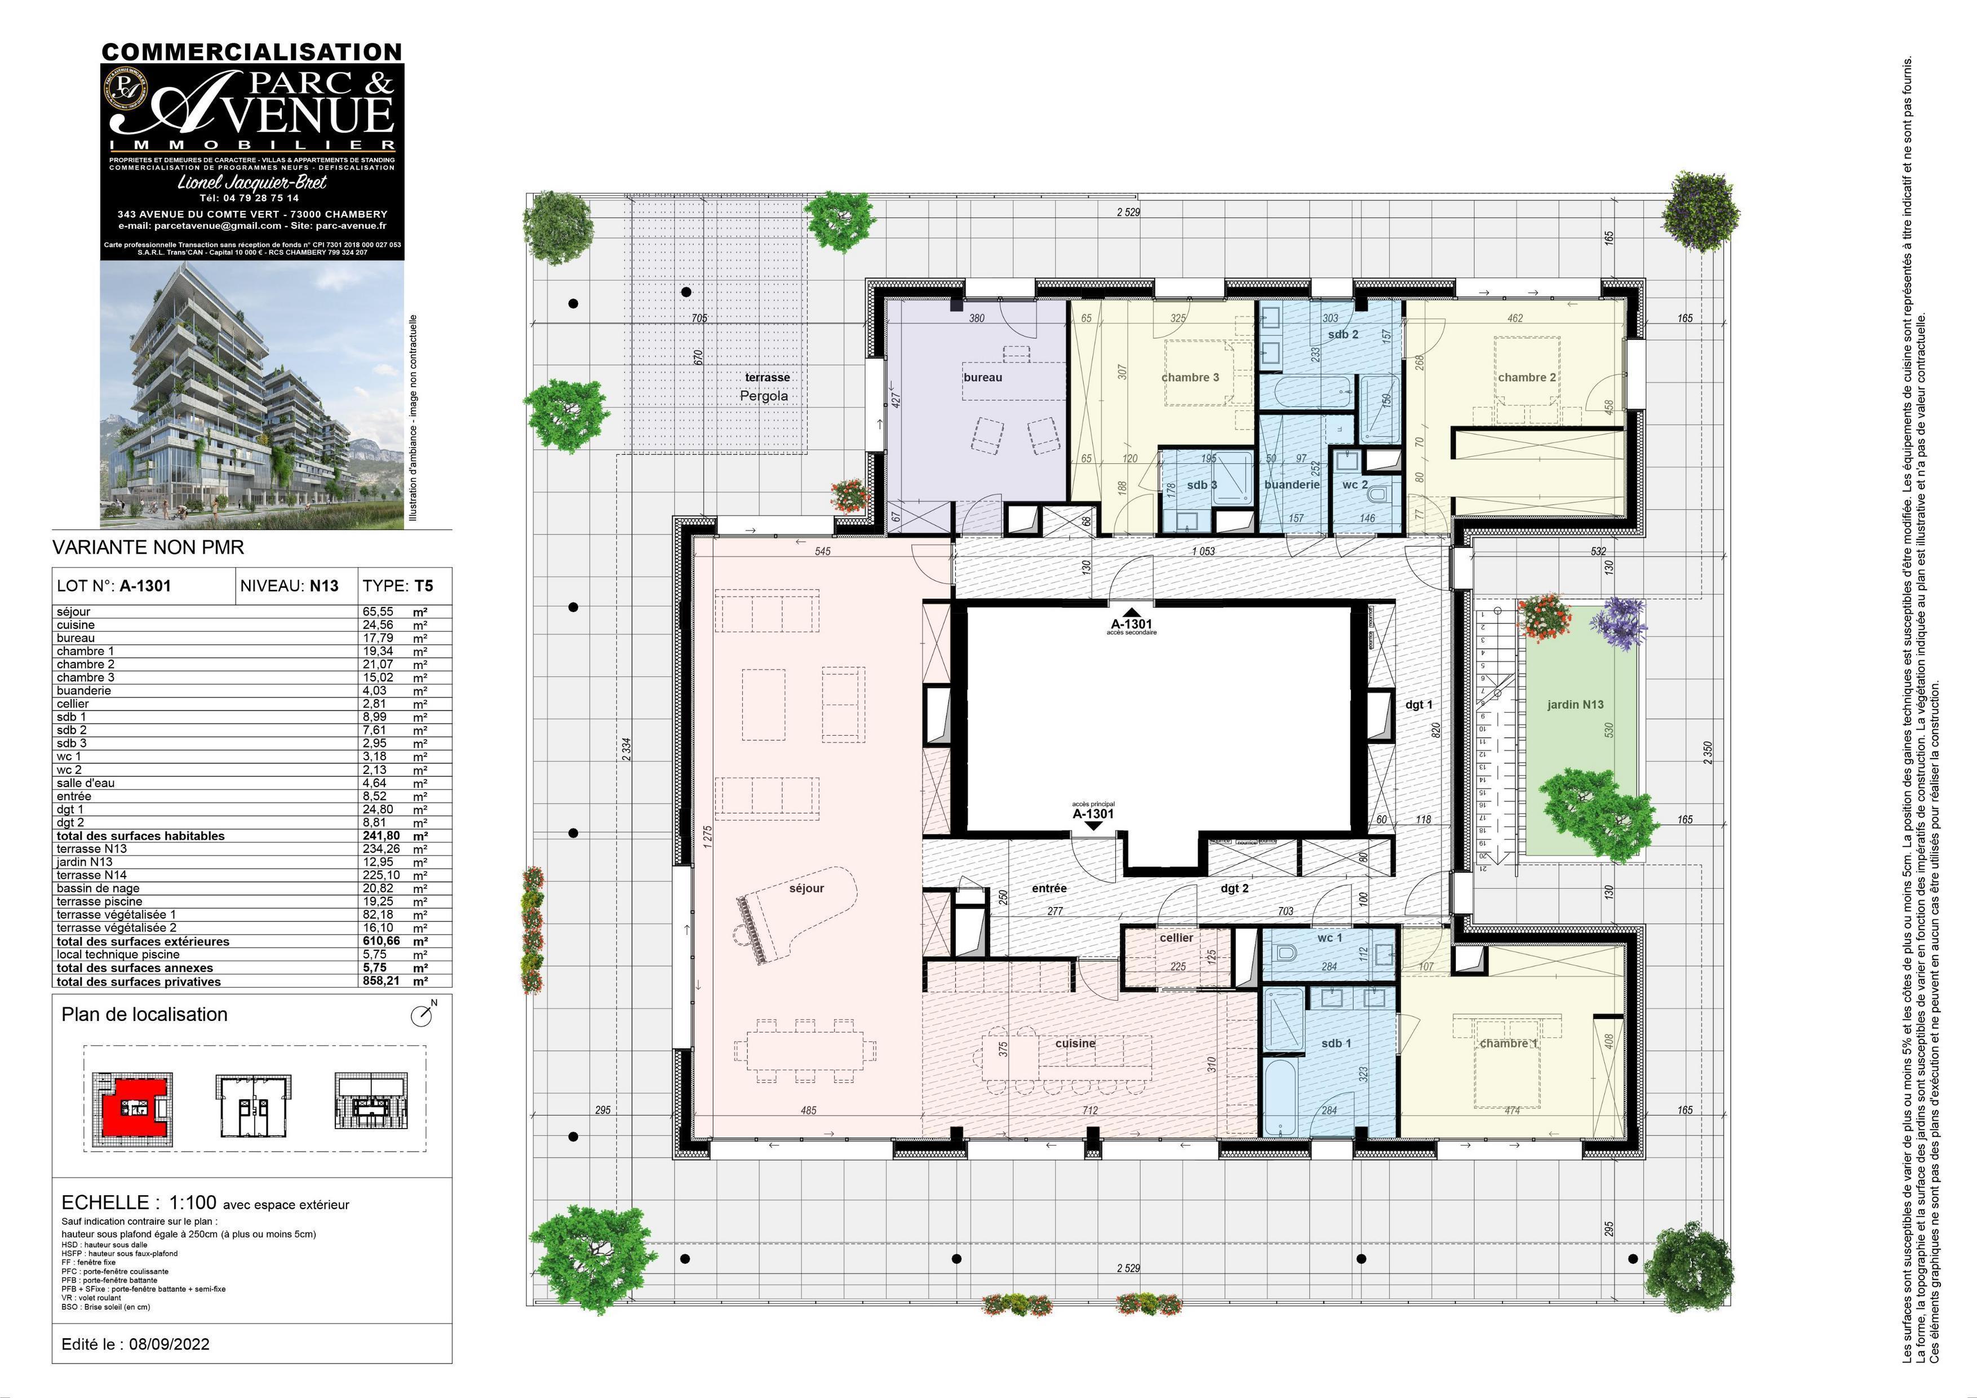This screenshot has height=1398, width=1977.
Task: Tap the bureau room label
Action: [982, 377]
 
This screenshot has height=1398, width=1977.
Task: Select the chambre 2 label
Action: [1527, 377]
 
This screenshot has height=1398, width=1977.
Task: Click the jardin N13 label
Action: [1575, 705]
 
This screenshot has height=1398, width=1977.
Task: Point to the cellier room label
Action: [1176, 937]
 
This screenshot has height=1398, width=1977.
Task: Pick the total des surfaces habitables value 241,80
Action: [380, 835]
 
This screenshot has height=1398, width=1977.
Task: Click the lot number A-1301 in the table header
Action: [145, 586]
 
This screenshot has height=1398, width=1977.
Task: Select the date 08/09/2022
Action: [169, 1344]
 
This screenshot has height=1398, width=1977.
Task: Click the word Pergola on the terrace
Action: [764, 396]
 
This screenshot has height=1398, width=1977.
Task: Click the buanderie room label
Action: [1292, 484]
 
